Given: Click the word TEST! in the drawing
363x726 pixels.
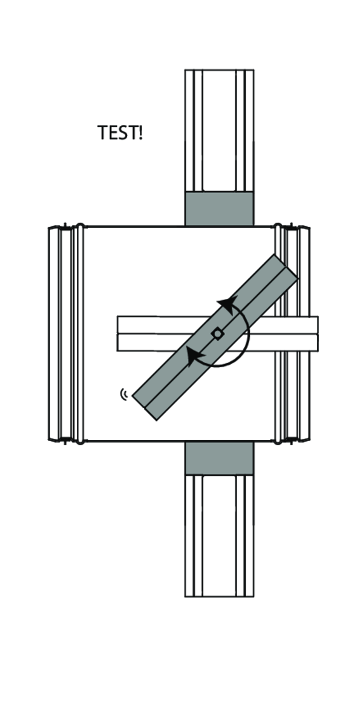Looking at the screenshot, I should pyautogui.click(x=120, y=132).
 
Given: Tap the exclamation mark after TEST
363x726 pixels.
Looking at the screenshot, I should pyautogui.click(x=140, y=132).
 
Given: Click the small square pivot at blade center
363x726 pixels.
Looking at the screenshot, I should pyautogui.click(x=216, y=333).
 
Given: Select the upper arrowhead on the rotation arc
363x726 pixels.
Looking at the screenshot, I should pyautogui.click(x=226, y=304).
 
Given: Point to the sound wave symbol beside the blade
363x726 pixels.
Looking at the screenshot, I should pyautogui.click(x=125, y=395).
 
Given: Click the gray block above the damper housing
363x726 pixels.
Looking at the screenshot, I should pyautogui.click(x=219, y=209).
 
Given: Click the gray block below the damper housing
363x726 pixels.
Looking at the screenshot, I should pyautogui.click(x=219, y=458).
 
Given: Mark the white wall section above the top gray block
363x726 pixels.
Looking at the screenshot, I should pyautogui.click(x=219, y=130).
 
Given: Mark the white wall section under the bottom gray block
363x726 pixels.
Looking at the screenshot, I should pyautogui.click(x=219, y=535).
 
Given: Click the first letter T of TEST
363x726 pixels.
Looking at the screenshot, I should pyautogui.click(x=103, y=132).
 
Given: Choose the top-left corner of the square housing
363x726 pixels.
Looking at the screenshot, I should pyautogui.click(x=84, y=227).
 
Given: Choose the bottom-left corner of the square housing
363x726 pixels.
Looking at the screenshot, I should pyautogui.click(x=84, y=441).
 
